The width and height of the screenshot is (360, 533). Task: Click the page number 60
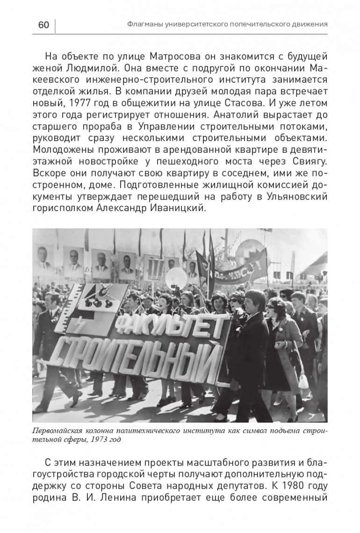pos(43,25)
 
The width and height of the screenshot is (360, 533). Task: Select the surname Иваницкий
pos(180,208)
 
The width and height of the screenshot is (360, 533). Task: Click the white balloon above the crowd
pos(176,278)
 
